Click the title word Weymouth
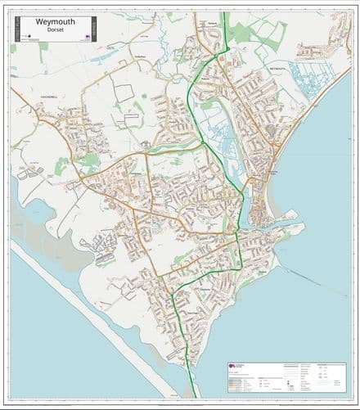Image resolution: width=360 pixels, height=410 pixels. tap(55, 21)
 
